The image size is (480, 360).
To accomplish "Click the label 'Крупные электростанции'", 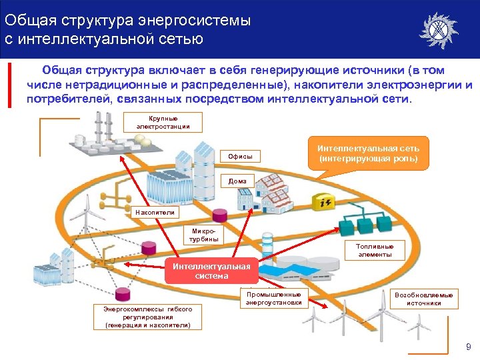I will (163, 123).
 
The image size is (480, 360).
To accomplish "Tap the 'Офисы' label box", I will (240, 157).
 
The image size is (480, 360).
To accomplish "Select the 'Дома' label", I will (238, 181).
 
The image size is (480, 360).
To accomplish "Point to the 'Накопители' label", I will (155, 213).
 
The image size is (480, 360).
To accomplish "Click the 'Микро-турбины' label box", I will (204, 235).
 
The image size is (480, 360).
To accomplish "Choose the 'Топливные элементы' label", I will (375, 251).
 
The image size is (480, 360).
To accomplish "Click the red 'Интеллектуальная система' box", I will (211, 271).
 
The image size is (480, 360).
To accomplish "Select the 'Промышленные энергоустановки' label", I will (273, 299).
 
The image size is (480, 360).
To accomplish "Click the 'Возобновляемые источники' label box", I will (425, 299).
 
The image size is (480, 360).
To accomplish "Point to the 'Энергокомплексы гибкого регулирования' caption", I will (147, 317).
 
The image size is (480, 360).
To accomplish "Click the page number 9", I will (468, 347).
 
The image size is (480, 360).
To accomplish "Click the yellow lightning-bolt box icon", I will (326, 203).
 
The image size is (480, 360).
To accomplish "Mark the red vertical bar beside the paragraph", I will (9, 85).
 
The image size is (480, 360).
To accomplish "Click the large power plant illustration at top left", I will (113, 140).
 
